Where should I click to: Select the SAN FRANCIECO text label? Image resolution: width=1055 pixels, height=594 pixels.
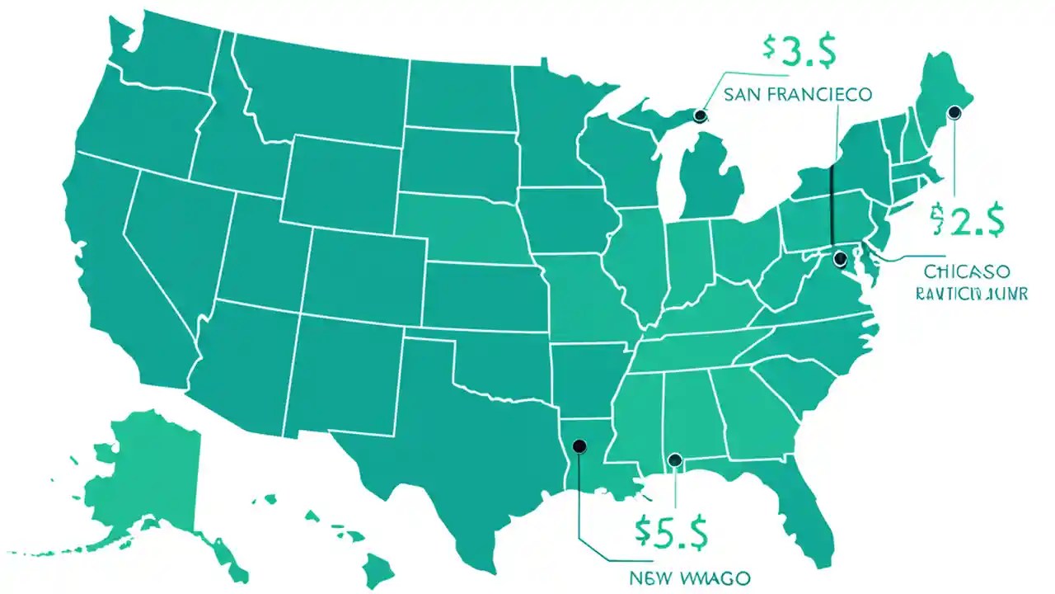796,95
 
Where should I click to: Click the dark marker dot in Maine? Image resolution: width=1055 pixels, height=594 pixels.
955,113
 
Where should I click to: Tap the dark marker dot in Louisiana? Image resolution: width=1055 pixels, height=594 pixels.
579,446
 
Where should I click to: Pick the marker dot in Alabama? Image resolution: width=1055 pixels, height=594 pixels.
675,460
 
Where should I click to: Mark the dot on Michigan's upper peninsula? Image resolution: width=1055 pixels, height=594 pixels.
701,116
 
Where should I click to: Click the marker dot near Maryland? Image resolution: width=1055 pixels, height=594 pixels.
841,259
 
